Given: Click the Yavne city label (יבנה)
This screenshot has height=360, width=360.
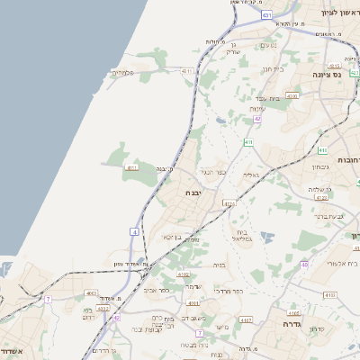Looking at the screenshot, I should [x=194, y=193].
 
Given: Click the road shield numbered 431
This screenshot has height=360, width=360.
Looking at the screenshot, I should [x=266, y=15].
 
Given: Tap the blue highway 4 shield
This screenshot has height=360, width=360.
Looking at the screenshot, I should [x=133, y=232].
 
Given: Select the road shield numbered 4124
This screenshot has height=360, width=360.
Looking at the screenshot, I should [x=229, y=204].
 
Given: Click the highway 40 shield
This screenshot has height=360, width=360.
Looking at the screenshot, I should [x=304, y=264].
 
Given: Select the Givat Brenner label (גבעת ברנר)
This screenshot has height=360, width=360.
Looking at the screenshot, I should [x=329, y=216].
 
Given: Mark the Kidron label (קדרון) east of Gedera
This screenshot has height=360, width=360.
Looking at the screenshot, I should [x=316, y=329].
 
